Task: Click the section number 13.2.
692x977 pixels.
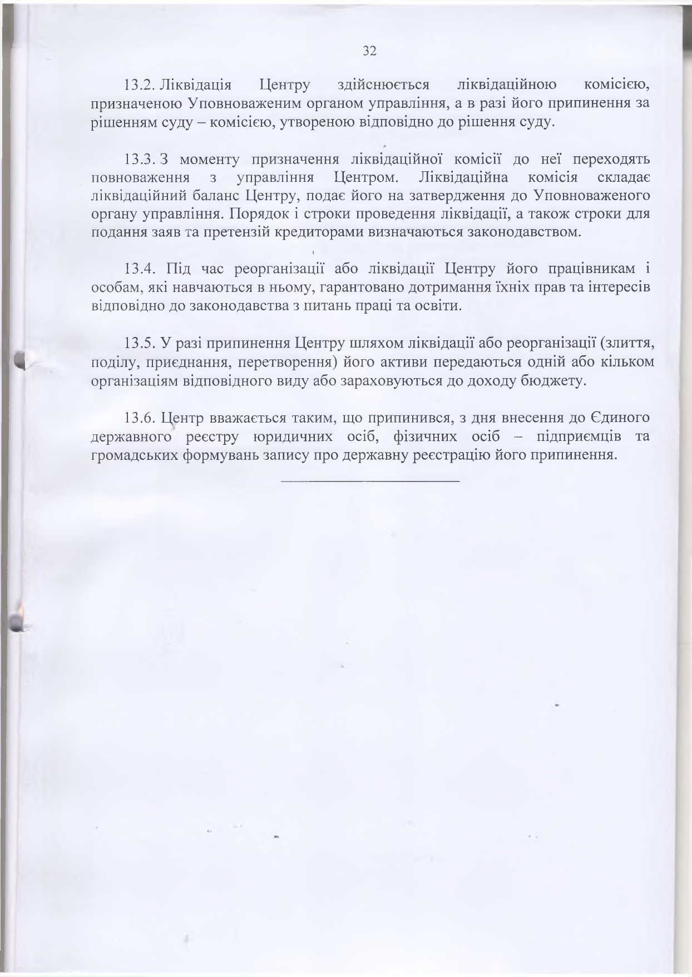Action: (140, 85)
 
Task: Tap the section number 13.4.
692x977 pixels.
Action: (140, 269)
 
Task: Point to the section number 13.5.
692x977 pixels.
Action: (140, 344)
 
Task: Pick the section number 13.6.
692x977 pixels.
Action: (140, 418)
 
